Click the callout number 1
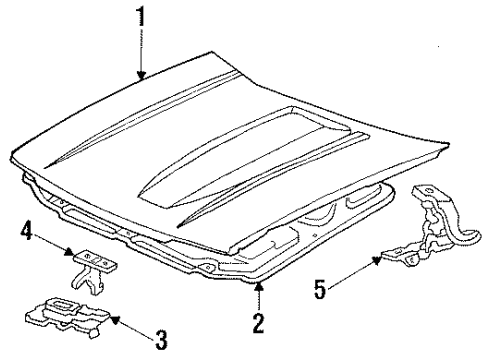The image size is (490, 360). coord(140,16)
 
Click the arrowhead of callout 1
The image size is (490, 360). coord(140,79)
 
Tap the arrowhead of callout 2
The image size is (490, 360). coord(258,283)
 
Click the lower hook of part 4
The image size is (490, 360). coord(87,278)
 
